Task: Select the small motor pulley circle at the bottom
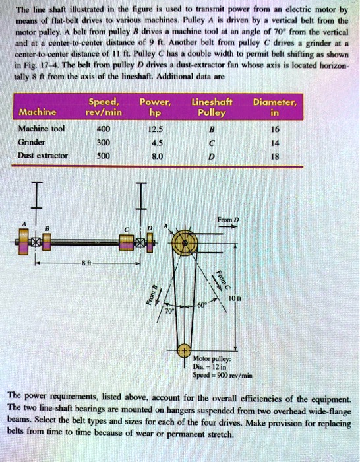[185, 354]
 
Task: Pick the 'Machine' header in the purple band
[38, 110]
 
